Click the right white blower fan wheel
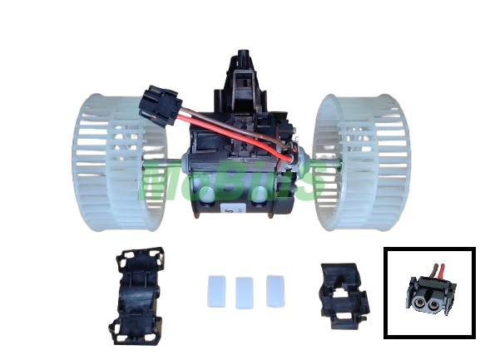click(361, 162)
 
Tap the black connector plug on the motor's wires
click(160, 105)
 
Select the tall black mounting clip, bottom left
click(136, 296)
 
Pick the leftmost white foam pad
click(216, 292)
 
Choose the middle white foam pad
click(245, 293)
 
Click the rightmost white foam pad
click(275, 291)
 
